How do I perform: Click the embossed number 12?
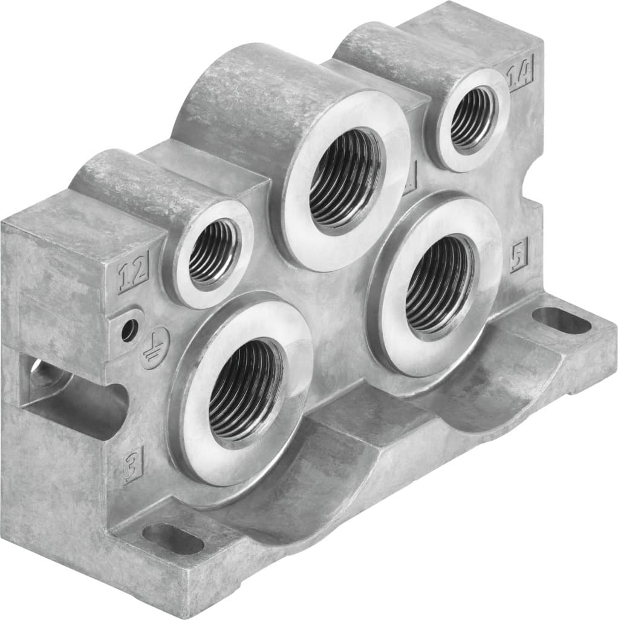pyautogui.click(x=134, y=276)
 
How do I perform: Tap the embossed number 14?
pyautogui.click(x=520, y=77)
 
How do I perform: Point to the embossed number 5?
pyautogui.click(x=519, y=254)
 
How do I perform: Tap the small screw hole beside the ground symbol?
pyautogui.click(x=128, y=330)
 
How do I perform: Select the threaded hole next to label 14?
pyautogui.click(x=472, y=118)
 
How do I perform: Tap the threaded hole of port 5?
pyautogui.click(x=438, y=285)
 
